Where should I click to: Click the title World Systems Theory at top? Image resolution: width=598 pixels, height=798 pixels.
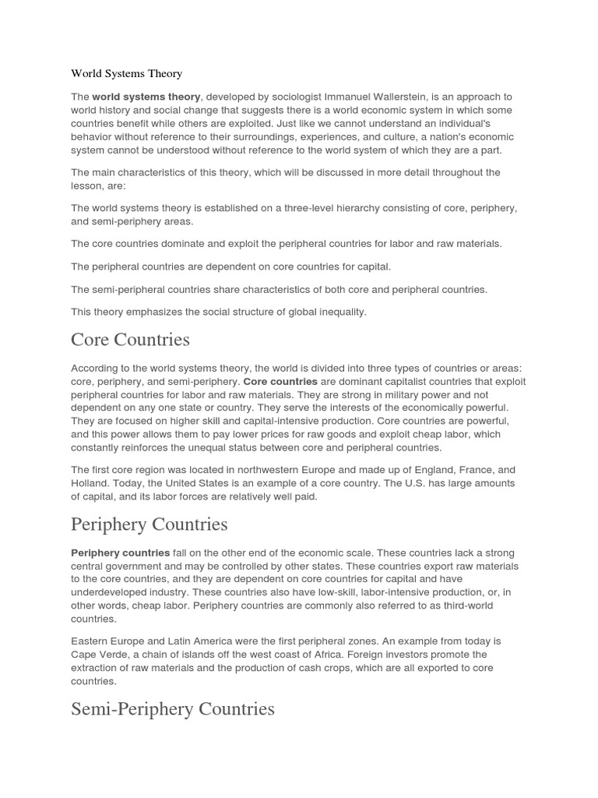click(x=126, y=74)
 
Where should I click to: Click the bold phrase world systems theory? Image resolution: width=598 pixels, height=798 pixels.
click(x=146, y=97)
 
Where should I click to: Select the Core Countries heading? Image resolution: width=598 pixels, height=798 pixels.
click(x=130, y=340)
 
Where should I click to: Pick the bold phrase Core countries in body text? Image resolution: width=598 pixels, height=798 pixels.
click(x=280, y=382)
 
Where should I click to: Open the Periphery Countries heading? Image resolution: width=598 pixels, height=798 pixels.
click(x=149, y=524)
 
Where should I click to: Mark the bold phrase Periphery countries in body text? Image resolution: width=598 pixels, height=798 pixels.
click(x=120, y=553)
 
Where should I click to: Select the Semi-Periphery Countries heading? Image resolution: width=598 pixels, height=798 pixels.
click(x=172, y=709)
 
